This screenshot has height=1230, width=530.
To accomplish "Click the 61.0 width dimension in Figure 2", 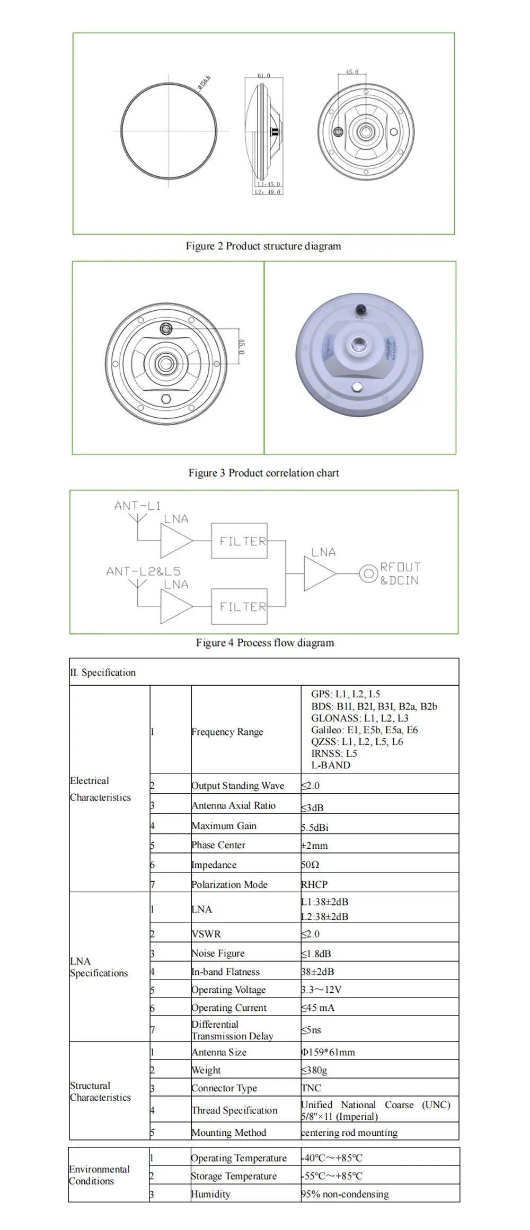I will pos(263,76).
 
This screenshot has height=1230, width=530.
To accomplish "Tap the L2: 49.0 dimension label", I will pos(267,192).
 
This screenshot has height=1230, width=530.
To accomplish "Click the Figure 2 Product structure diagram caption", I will pos(263,246).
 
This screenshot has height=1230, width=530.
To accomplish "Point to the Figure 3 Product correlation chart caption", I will pos(263,473).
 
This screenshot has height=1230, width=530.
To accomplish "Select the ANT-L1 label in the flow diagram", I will pos(137,506).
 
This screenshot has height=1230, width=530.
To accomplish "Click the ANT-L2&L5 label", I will pos(143,571).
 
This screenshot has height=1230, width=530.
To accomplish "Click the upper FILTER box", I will pos(239,541).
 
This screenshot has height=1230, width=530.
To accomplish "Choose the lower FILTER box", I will pos(239,606).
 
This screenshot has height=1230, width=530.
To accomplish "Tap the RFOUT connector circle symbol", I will pos(368,573).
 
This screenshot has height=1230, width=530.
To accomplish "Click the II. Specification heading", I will pos(103,672).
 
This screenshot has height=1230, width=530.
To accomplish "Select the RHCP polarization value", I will pos(314,884).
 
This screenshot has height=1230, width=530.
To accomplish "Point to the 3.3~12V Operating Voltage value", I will pos(321,990).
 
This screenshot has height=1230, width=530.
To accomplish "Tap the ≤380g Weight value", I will pos(314,1070).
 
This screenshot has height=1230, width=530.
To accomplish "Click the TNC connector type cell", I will pos(311,1088).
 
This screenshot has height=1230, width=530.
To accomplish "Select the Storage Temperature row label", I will pos(234,1176).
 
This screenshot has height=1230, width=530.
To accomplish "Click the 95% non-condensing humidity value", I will pos(344,1194).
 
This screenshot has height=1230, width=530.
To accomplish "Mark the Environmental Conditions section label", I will pos(99,1175).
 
